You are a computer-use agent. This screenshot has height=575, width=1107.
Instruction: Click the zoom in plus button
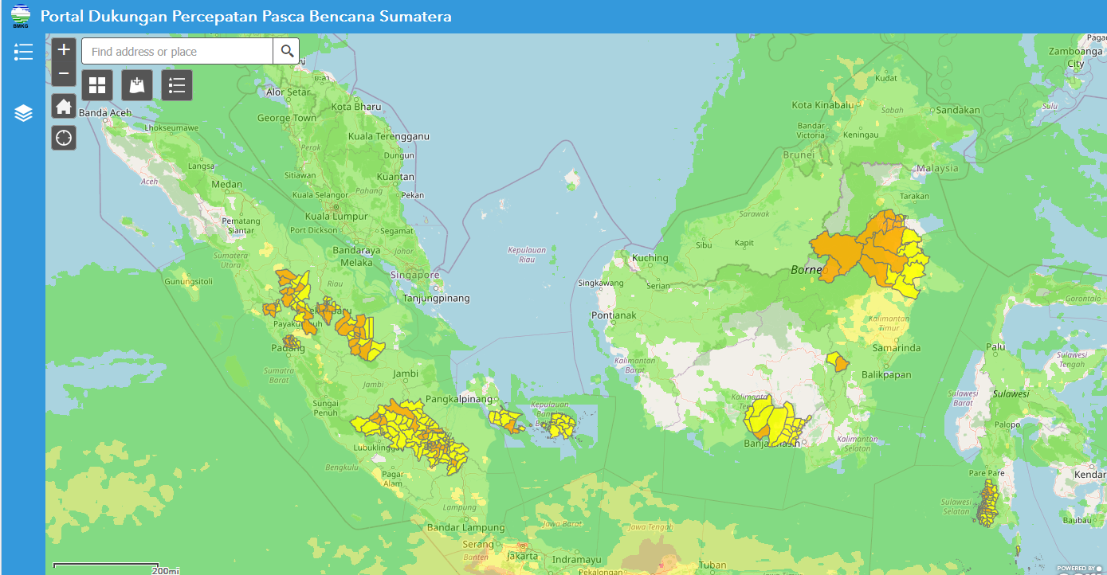[x=65, y=49]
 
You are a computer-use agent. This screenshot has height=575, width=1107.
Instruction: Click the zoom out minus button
[x=65, y=74]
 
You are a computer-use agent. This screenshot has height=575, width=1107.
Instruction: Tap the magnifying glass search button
[x=287, y=52]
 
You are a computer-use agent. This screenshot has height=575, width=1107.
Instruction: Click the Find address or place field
[x=177, y=52]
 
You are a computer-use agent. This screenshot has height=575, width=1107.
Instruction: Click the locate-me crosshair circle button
[x=64, y=138]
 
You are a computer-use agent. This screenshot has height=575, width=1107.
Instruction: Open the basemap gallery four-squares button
[x=97, y=85]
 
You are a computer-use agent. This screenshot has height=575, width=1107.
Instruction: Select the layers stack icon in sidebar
[x=23, y=113]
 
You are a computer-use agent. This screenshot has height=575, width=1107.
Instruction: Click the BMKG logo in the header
[x=21, y=16]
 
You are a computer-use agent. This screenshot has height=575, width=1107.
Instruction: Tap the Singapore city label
[x=414, y=275]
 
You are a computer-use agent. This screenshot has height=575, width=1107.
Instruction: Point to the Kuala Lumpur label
[x=336, y=216]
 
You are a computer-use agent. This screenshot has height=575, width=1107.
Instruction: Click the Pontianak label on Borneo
[x=614, y=315]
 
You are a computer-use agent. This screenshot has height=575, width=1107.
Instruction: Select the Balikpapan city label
[x=886, y=374]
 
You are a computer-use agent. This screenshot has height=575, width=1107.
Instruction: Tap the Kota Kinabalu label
[x=822, y=104]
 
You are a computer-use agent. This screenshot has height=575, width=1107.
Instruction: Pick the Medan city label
[x=227, y=184]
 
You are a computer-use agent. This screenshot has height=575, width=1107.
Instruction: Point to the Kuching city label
[x=650, y=258]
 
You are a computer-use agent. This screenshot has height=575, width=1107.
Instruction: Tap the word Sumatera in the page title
[x=414, y=16]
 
